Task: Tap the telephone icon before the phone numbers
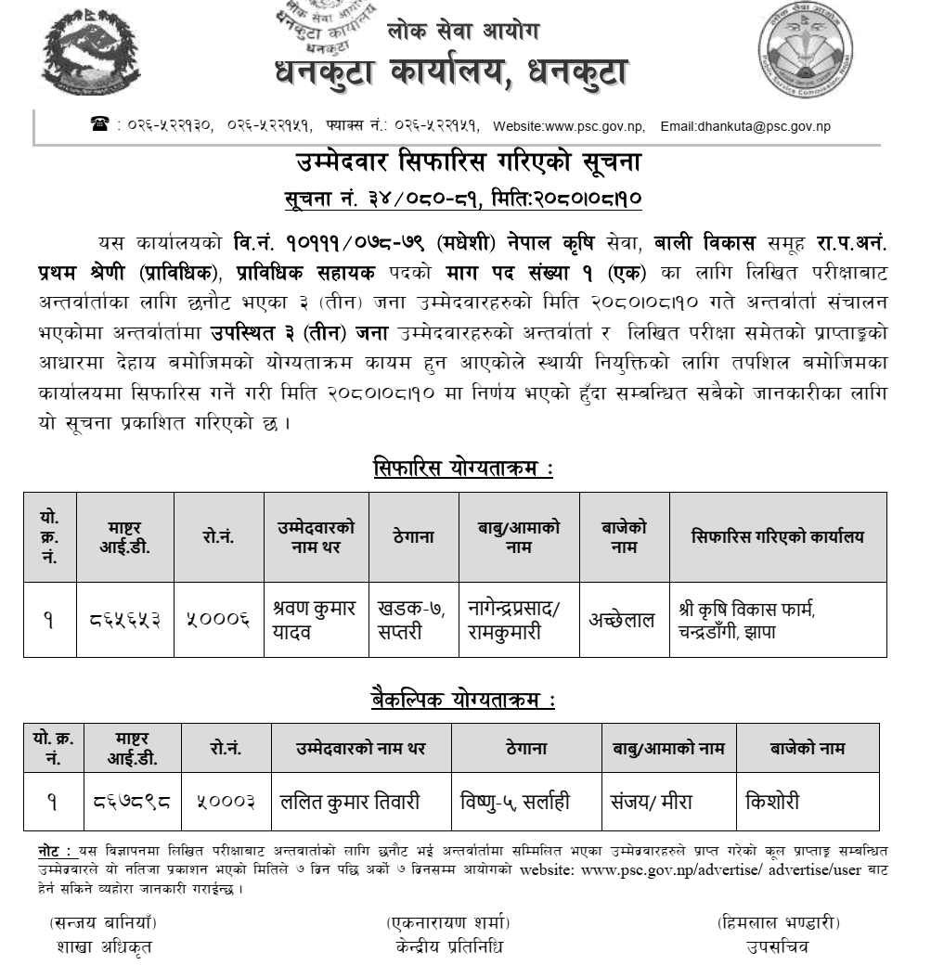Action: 99,125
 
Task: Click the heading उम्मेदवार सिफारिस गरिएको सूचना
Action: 463,164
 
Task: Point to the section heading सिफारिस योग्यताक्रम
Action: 463,469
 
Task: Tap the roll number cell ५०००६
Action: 218,621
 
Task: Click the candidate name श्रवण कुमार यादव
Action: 315,620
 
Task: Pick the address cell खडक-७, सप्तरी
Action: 411,620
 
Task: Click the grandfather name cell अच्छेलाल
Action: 622,621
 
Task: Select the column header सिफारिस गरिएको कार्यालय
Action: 777,536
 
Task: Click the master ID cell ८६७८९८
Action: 132,801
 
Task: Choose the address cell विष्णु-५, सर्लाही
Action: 515,801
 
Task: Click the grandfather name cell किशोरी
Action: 772,801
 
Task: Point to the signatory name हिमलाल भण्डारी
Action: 778,923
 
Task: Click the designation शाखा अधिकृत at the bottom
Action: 103,946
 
